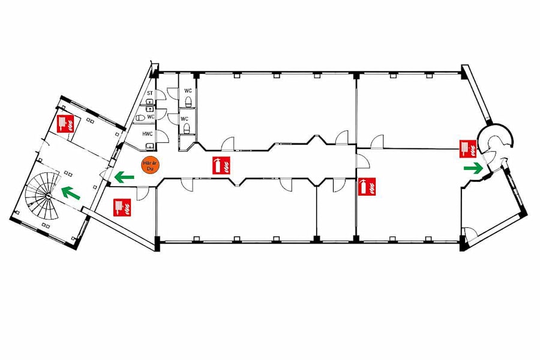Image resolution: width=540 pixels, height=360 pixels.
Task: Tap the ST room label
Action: [150, 94]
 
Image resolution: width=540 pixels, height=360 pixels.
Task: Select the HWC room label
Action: [148, 134]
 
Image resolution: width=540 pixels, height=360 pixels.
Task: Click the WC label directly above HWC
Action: [151, 117]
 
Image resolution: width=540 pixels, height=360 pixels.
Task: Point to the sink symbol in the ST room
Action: [149, 101]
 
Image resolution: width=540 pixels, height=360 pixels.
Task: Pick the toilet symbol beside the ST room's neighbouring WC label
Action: [140, 118]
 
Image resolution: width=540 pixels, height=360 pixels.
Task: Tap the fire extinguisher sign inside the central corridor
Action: [221, 165]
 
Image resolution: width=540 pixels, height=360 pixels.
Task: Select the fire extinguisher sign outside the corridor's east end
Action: [367, 187]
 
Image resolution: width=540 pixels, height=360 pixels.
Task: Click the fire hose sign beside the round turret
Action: [468, 149]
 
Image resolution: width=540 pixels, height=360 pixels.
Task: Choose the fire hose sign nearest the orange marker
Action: [122, 208]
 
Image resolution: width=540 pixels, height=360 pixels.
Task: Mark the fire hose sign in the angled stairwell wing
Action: [66, 124]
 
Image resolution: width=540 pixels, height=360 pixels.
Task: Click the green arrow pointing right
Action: [473, 168]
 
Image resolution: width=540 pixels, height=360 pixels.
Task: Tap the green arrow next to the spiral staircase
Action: [71, 193]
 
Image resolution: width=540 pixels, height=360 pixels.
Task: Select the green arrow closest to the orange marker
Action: [124, 178]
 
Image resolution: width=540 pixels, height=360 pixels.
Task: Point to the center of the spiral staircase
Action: [47, 196]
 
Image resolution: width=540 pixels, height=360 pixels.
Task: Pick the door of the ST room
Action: [161, 95]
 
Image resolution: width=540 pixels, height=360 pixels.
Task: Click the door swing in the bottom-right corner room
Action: [470, 233]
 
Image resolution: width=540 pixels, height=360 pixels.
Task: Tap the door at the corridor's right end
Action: [362, 161]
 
